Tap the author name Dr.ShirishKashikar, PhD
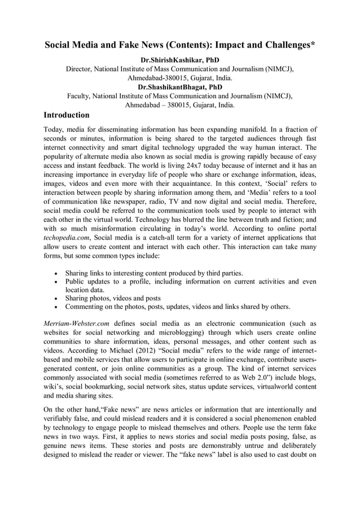pos(179,60)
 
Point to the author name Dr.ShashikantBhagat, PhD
pos(179,88)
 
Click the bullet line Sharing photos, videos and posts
pos(113,298)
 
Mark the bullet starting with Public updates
pos(190,282)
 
